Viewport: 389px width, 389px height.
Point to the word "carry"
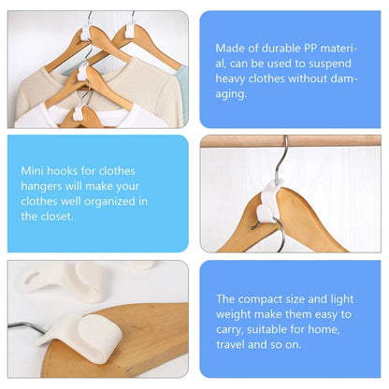pyautogui.click(x=232, y=329)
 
